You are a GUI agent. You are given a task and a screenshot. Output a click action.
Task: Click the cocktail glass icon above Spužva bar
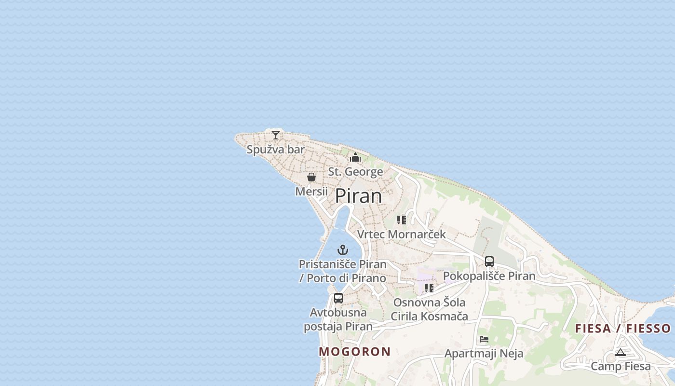276,135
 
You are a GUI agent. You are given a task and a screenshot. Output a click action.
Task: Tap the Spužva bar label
276,150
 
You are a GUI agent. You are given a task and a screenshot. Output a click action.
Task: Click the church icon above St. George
355,157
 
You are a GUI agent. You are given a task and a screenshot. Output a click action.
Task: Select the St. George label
356,171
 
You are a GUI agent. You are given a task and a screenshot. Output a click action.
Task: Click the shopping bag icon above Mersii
311,177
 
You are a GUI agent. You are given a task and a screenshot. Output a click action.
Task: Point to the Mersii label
311,191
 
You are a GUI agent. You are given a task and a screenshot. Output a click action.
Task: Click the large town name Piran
358,196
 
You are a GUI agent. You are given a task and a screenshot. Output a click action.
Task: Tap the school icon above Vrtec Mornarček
402,220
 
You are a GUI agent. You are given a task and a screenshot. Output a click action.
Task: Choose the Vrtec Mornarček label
402,234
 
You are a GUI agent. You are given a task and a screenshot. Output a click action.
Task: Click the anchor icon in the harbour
343,250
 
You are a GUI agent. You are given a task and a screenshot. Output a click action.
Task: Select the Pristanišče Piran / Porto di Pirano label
343,271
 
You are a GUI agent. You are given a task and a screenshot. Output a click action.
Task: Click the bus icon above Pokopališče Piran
489,262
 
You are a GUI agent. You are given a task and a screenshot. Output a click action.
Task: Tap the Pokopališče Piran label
489,276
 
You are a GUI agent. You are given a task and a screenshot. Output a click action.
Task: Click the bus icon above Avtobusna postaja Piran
338,298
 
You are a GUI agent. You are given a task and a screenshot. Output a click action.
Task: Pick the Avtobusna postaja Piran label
338,319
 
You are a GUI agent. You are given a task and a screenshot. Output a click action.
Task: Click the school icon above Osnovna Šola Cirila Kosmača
429,288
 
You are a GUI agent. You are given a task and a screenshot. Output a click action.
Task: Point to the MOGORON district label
355,352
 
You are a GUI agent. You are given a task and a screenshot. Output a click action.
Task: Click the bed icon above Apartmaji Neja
484,339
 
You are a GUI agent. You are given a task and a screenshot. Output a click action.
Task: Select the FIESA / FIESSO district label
623,329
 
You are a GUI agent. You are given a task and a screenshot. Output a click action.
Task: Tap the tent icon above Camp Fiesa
621,353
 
